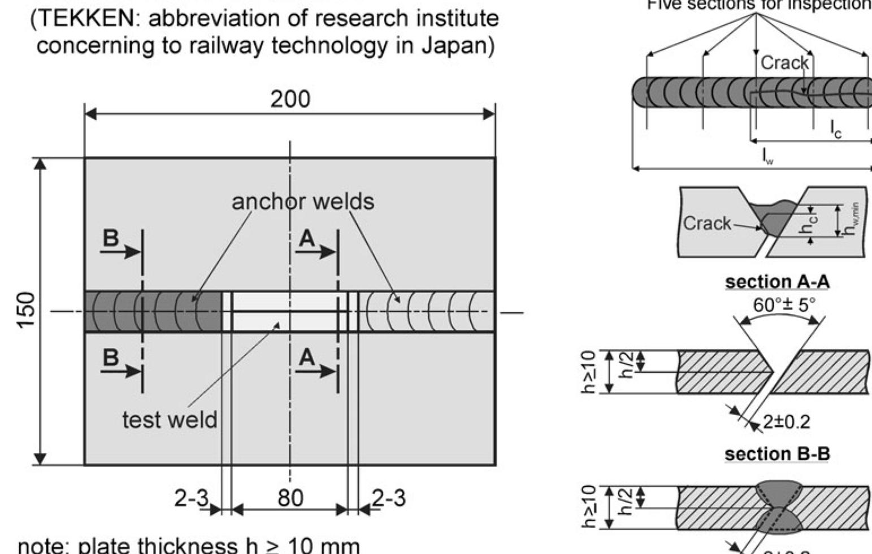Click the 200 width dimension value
click(x=290, y=99)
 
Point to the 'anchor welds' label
click(x=303, y=202)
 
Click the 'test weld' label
click(x=170, y=420)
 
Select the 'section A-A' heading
click(x=777, y=282)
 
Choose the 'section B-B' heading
click(x=777, y=454)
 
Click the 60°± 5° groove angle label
click(x=784, y=305)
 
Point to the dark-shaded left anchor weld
click(x=153, y=311)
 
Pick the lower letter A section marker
click(x=306, y=357)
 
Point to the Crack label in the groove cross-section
click(x=706, y=223)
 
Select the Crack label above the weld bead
click(x=784, y=63)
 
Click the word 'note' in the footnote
click(x=44, y=546)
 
